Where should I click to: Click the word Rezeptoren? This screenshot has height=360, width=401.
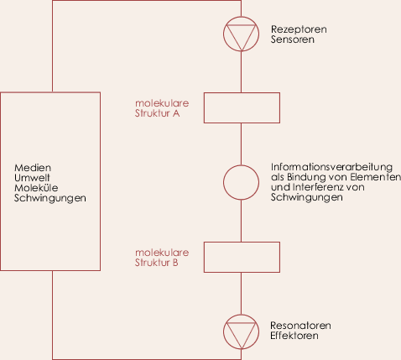(x=299, y=29)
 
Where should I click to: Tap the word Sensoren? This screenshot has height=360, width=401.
(x=293, y=39)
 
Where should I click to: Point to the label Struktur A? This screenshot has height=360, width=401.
(x=157, y=113)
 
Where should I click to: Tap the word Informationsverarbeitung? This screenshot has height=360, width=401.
(x=331, y=167)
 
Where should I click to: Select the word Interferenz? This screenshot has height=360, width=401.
(x=317, y=187)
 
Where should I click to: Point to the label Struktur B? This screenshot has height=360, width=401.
(x=157, y=263)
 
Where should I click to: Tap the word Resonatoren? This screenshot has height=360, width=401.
(x=300, y=326)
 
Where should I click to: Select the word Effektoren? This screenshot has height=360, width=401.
(x=294, y=336)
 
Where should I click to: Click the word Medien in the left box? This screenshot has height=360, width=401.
(x=33, y=168)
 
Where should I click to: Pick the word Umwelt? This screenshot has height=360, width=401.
(x=32, y=178)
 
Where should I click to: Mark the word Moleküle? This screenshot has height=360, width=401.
(x=36, y=188)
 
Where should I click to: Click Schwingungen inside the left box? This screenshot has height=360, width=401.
(x=50, y=198)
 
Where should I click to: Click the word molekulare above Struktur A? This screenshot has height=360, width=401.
(x=162, y=103)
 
